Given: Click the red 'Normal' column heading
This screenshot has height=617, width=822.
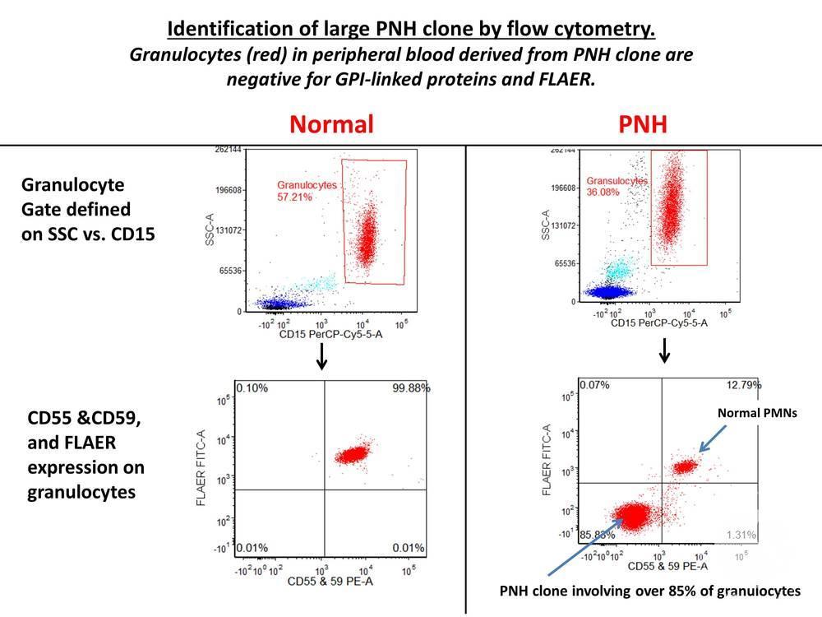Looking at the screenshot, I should point(331,124).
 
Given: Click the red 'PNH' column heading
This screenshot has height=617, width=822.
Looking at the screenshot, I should point(644,124).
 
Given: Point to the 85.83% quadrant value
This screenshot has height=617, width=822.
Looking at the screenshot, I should point(597,535).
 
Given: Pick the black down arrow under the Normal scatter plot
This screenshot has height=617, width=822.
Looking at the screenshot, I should point(322,355).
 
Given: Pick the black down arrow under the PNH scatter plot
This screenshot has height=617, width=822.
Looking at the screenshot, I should point(665,352).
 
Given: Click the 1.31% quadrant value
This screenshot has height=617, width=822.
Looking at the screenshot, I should point(741,535).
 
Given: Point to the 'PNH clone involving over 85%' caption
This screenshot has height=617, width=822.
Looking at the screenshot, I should point(649,591).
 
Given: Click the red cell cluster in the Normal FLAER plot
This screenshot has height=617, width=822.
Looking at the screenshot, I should point(354,454).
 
